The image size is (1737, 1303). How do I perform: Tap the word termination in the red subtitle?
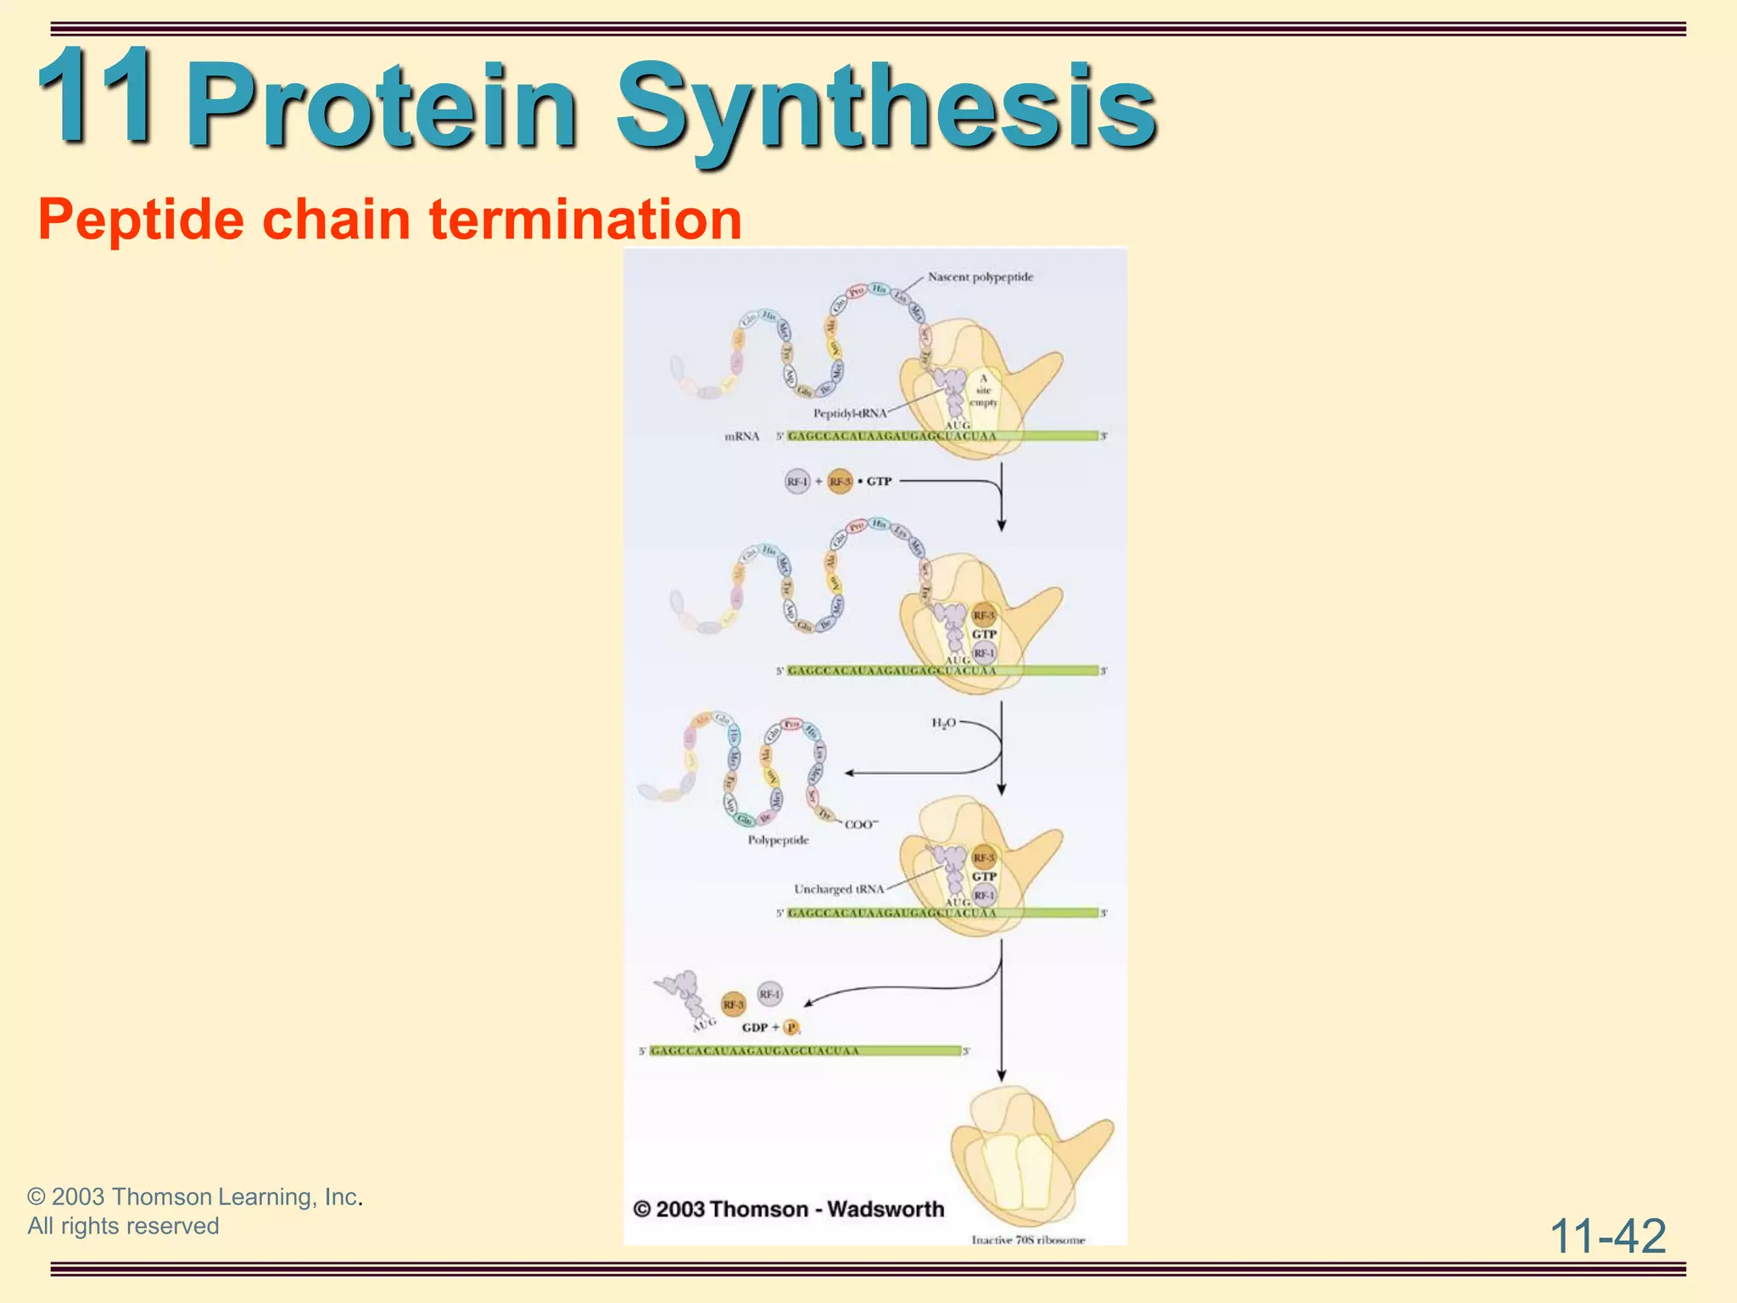tap(585, 219)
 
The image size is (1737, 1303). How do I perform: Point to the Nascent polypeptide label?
tap(980, 277)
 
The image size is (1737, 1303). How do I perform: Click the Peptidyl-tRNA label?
tap(849, 414)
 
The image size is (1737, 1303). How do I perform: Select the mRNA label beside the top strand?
tap(741, 437)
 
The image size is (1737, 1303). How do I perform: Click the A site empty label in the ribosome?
tap(983, 390)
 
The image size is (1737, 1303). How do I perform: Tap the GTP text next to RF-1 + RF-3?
tap(879, 482)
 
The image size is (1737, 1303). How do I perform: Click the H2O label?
tap(943, 723)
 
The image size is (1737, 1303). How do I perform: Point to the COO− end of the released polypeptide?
tap(862, 825)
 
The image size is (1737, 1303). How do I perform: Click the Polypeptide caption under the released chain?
tap(778, 841)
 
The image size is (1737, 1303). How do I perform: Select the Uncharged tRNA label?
tap(839, 889)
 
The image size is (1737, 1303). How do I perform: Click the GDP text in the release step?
tap(754, 1027)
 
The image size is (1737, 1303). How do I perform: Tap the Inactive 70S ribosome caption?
tap(1028, 1239)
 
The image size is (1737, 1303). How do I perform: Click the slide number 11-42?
tap(1607, 1236)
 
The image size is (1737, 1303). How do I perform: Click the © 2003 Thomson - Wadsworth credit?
tap(789, 1209)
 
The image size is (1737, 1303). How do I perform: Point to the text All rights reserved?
tap(123, 1227)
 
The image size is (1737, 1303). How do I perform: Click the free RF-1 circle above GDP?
tap(769, 993)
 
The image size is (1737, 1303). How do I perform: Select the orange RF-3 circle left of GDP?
tap(733, 1004)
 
